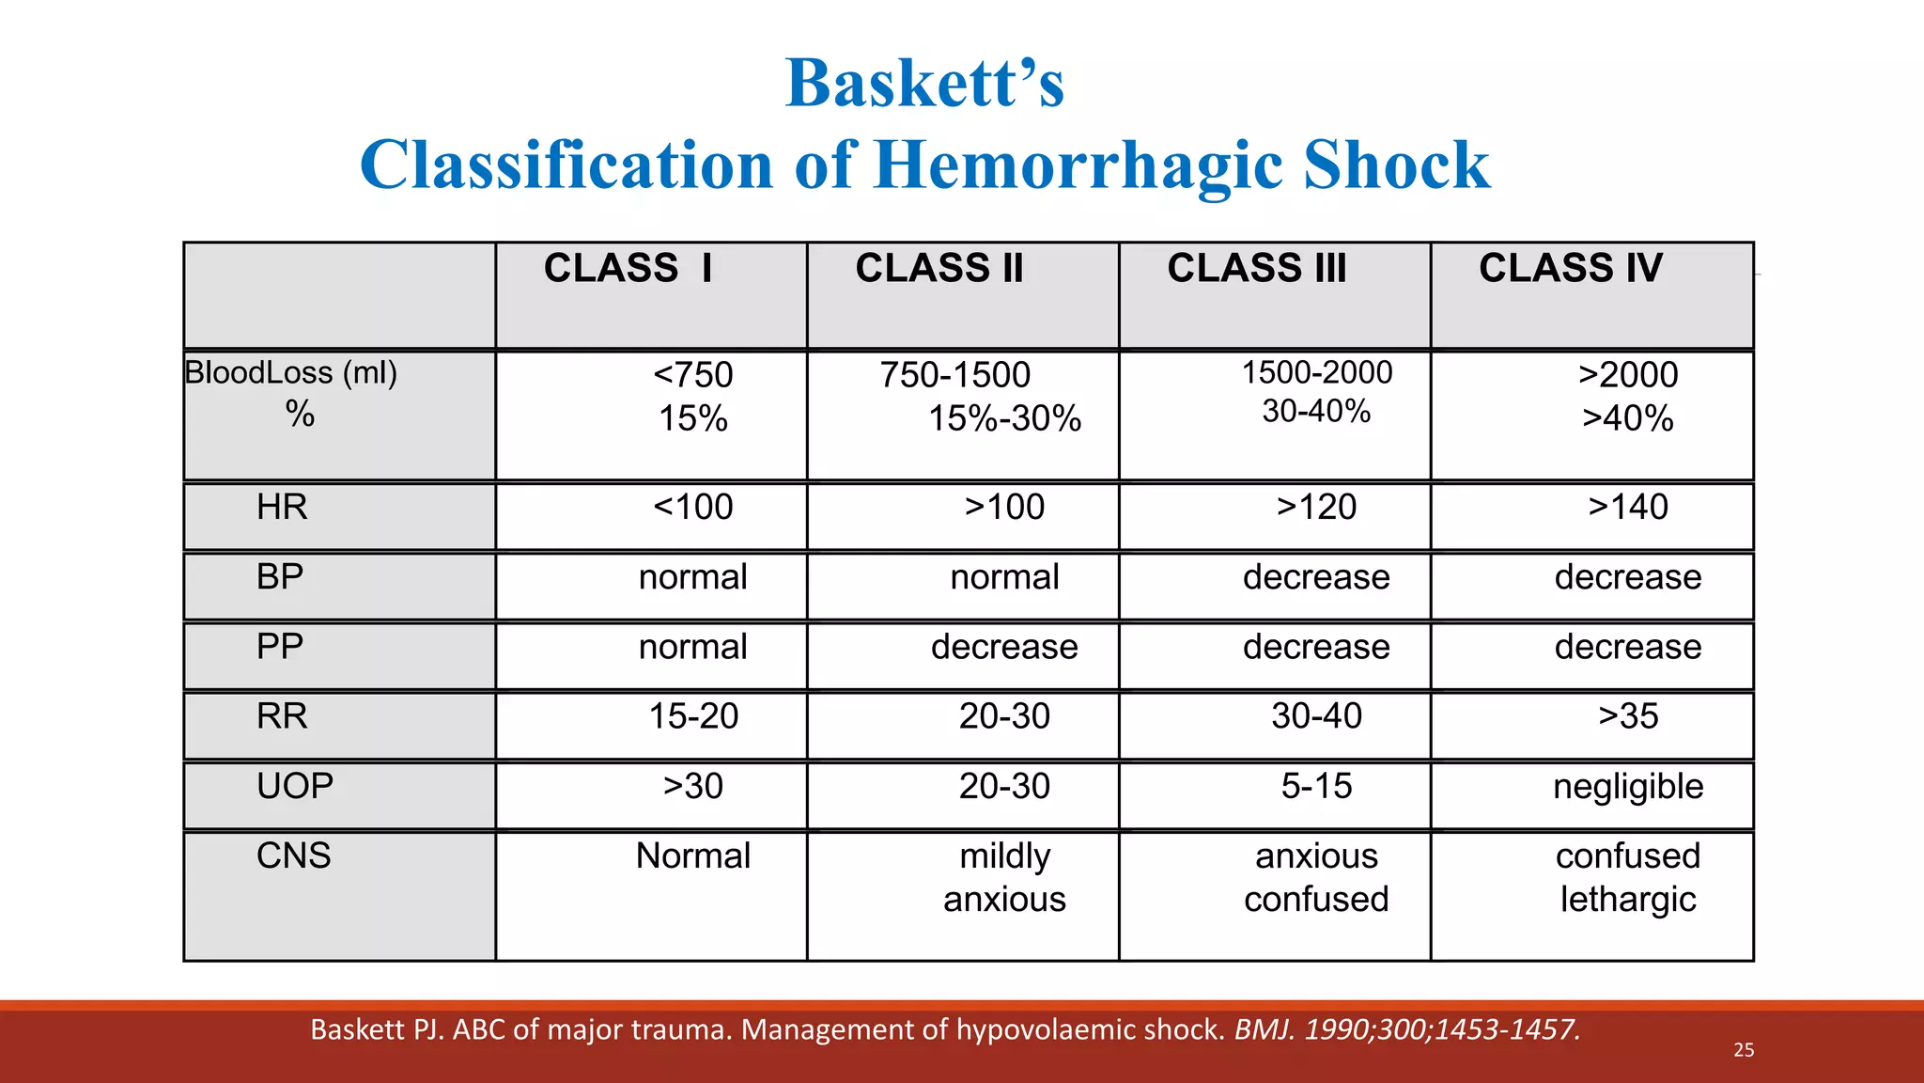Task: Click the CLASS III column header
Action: point(1256,269)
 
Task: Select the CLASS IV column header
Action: point(1570,269)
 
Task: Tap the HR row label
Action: point(282,508)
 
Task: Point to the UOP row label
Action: point(294,786)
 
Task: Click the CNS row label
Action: point(293,855)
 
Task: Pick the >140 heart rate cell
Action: point(1627,508)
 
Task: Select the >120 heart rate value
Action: point(1316,508)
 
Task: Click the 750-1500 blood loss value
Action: point(954,375)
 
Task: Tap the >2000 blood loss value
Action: point(1627,375)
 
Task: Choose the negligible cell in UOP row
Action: point(1627,787)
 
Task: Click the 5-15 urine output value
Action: point(1316,786)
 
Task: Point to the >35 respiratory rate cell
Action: point(1627,716)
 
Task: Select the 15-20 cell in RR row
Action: point(693,716)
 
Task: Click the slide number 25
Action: point(1744,1050)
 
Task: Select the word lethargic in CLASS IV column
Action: point(1627,900)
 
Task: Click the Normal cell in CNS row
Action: point(693,856)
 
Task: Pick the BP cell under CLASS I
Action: point(693,577)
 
